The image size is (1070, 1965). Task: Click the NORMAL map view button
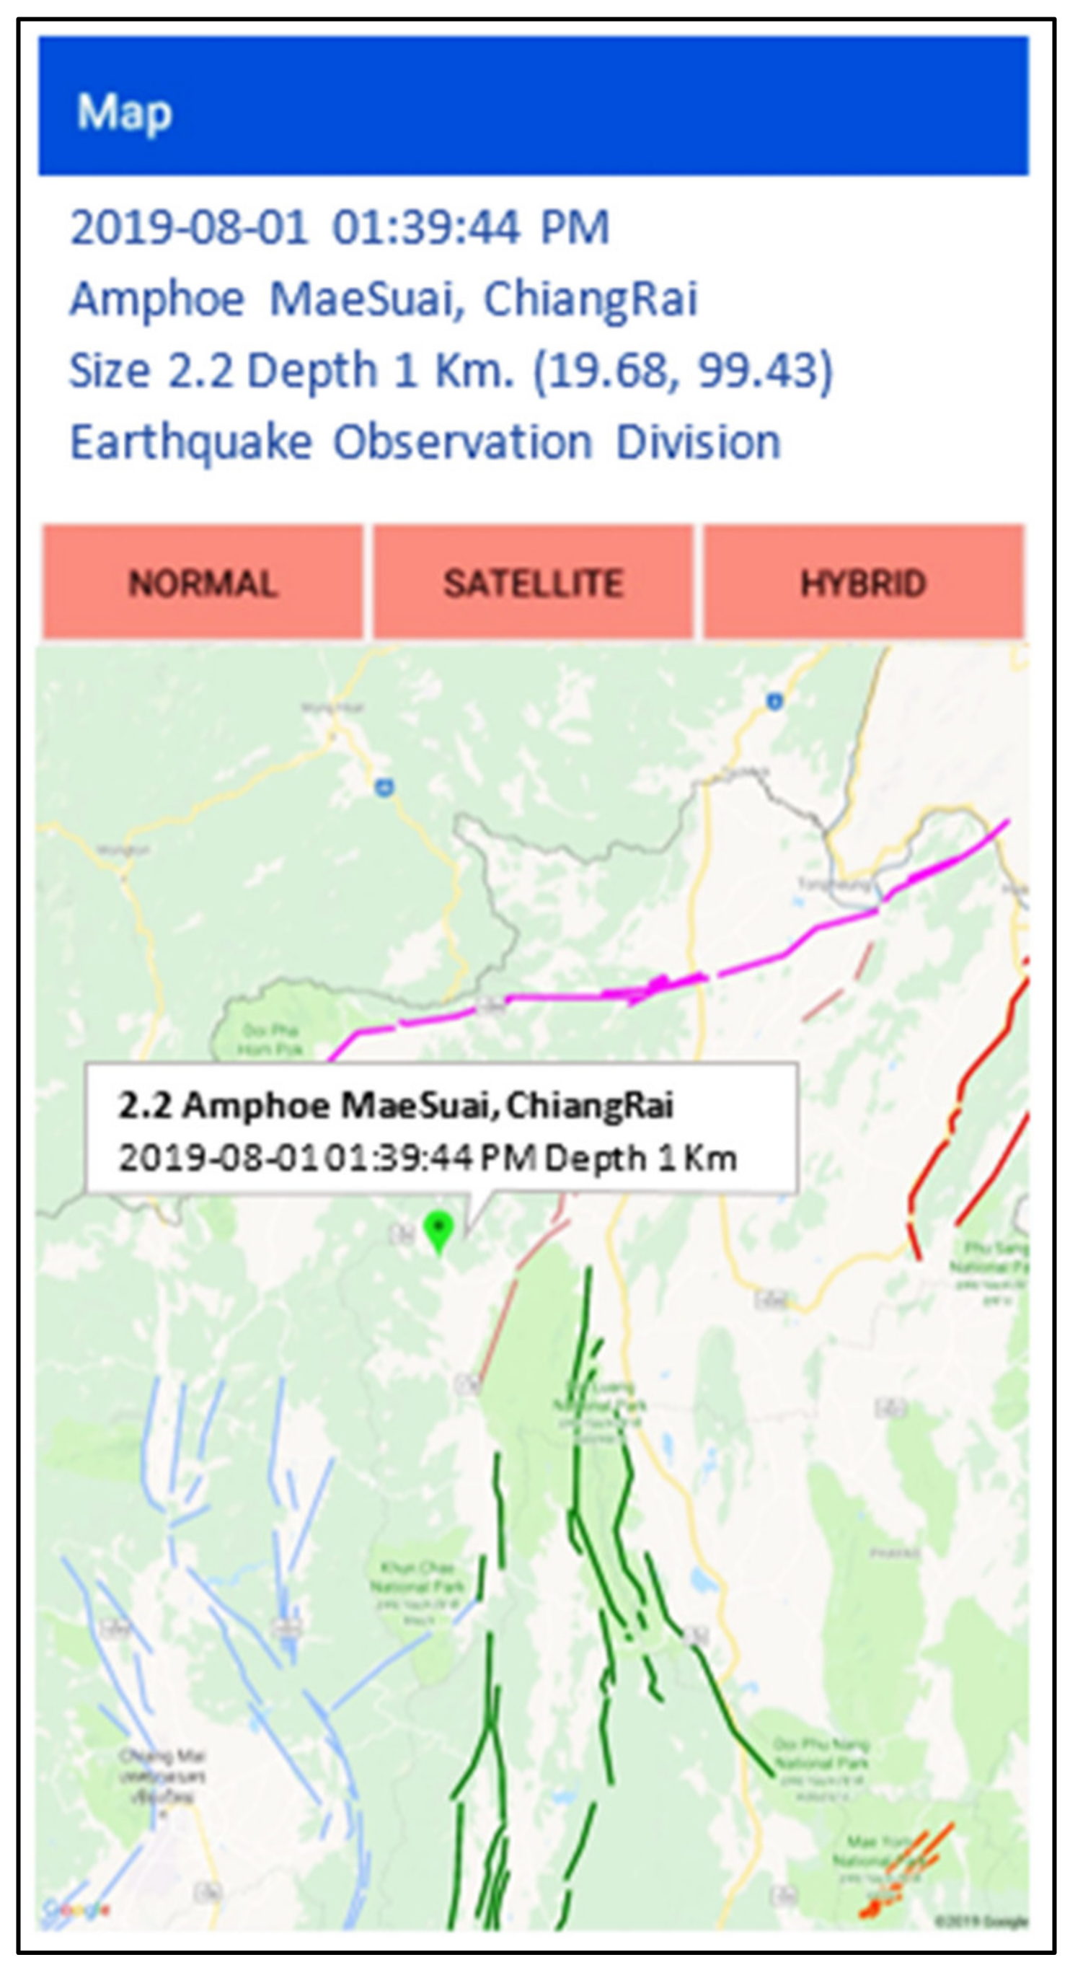point(202,584)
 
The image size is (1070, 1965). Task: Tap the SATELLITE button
point(533,584)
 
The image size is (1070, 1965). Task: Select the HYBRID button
point(863,584)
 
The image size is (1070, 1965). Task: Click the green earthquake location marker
point(438,1227)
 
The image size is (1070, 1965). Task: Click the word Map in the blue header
point(124,113)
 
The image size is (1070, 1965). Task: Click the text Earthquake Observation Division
point(425,442)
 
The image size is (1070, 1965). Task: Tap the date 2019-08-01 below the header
point(188,227)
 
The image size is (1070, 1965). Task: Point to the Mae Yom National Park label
point(877,1842)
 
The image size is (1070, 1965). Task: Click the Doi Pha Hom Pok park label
point(269,1039)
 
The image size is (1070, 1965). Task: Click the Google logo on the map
point(76,1909)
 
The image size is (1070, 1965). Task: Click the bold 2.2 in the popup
point(144,1104)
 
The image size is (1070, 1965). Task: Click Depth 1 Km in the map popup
point(640,1158)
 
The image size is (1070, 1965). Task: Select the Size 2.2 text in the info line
point(150,372)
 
